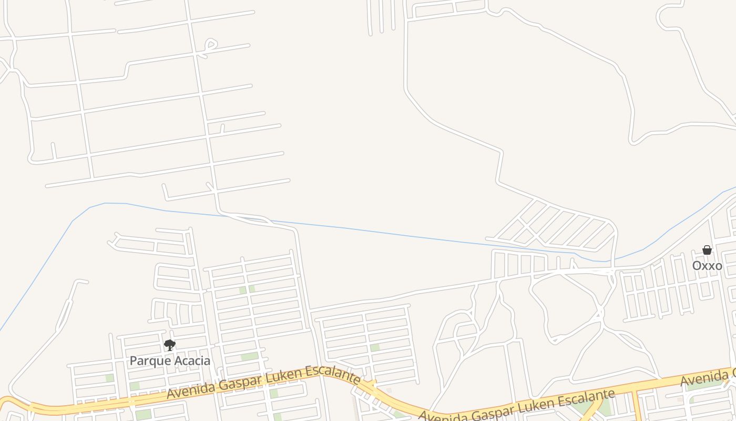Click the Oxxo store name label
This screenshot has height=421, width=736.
pyautogui.click(x=707, y=265)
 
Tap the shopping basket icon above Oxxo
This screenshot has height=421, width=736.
pyautogui.click(x=707, y=250)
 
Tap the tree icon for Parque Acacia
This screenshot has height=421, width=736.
pyautogui.click(x=169, y=345)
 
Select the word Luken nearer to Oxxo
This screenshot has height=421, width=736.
pyautogui.click(x=544, y=405)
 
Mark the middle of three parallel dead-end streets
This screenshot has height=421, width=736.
pyautogui.click(x=381, y=16)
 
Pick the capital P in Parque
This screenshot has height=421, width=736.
pyautogui.click(x=133, y=361)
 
